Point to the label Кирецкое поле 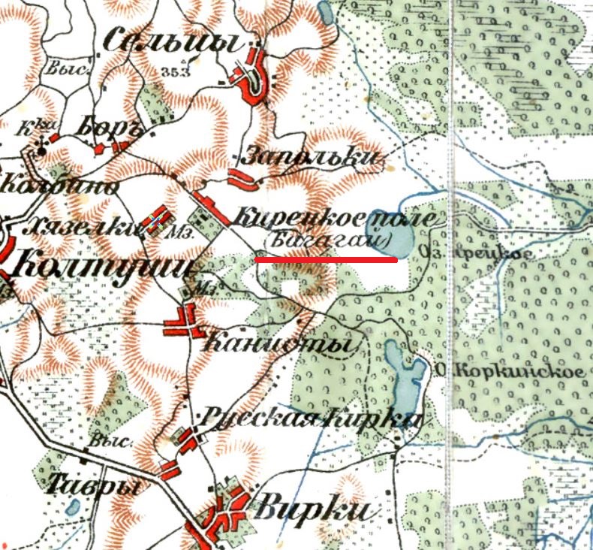click(x=334, y=218)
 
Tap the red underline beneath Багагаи click(x=326, y=260)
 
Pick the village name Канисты click(x=278, y=344)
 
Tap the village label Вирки click(x=313, y=509)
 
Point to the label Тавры click(x=94, y=484)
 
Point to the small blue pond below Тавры click(x=73, y=506)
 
